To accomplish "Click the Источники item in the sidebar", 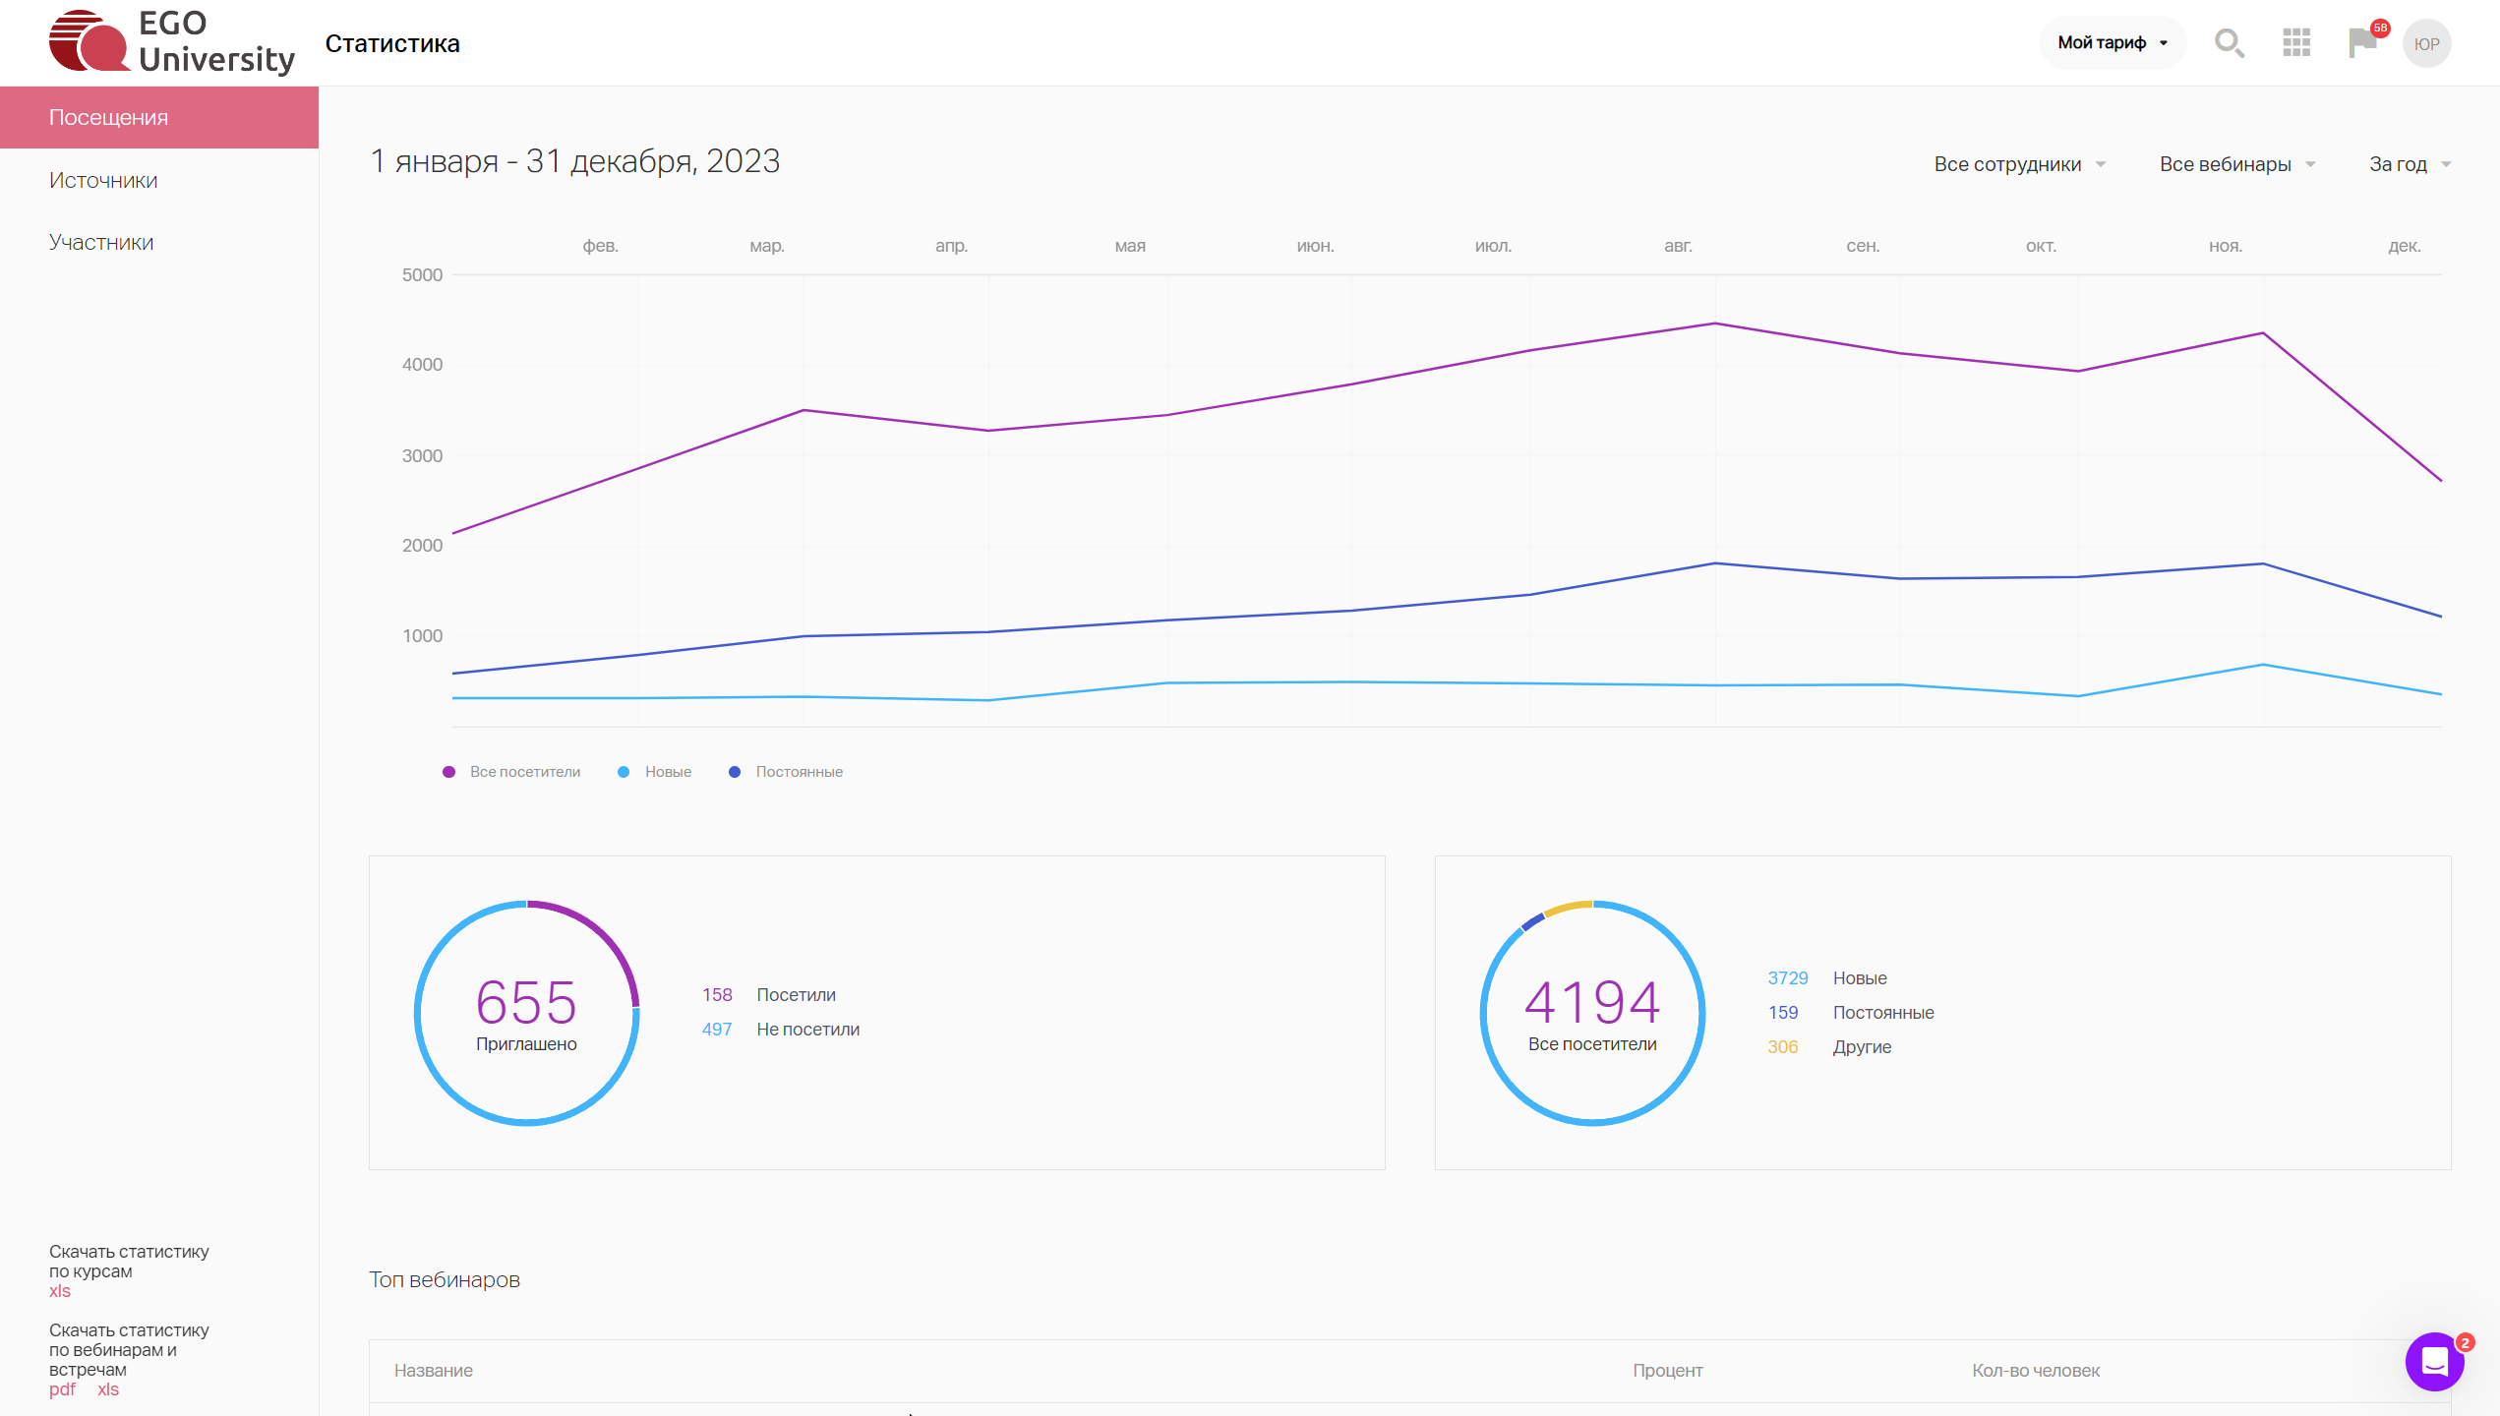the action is click(103, 180).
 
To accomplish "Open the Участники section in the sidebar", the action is click(101, 242).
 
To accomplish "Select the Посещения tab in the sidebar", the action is click(159, 117).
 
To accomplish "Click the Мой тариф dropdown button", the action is click(2113, 42).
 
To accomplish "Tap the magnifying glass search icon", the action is click(2229, 43).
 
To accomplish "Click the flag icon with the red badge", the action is click(2362, 42).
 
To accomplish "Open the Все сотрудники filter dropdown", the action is click(2019, 164).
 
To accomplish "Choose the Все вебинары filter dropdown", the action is click(2237, 164).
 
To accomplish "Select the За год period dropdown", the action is click(2410, 164).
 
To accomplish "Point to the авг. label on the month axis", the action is click(1678, 246).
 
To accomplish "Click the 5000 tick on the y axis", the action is click(422, 275).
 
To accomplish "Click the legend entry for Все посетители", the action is click(511, 772).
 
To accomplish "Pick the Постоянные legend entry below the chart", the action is click(786, 772).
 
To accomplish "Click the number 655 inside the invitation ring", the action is click(526, 1002).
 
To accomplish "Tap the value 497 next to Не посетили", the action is click(717, 1030).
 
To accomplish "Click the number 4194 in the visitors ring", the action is click(1592, 1002).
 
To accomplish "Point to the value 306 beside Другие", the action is click(1783, 1047).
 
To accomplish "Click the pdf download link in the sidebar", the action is click(62, 1389).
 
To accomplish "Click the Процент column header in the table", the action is click(1668, 1371).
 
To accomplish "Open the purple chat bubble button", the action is click(2434, 1362).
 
